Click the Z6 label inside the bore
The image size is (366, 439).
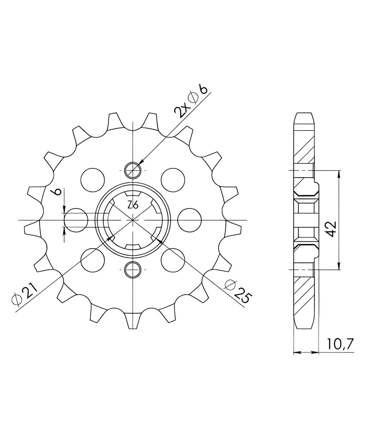pos(133,205)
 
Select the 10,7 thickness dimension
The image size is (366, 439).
pos(340,344)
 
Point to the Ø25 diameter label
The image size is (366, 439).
pos(238,291)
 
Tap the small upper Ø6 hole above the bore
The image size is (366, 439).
pos(133,170)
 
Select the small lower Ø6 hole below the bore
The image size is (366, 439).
pos(133,270)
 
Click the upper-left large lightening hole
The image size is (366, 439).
pos(93,180)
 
